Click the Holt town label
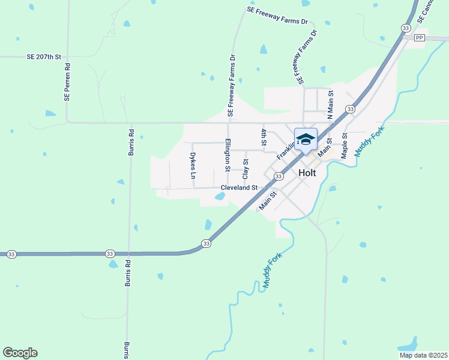tap(307, 172)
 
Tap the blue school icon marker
tap(306, 140)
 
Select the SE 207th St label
tap(44, 57)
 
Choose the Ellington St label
tap(228, 155)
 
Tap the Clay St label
tap(245, 169)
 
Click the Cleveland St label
tap(239, 188)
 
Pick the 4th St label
tap(263, 137)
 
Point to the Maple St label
tap(345, 146)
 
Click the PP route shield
tap(419, 38)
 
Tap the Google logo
tap(20, 353)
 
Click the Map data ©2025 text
tap(423, 355)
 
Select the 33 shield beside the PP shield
tap(406, 28)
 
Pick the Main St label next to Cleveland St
tap(268, 201)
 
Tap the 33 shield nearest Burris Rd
tap(110, 254)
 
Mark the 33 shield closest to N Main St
tap(349, 109)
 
